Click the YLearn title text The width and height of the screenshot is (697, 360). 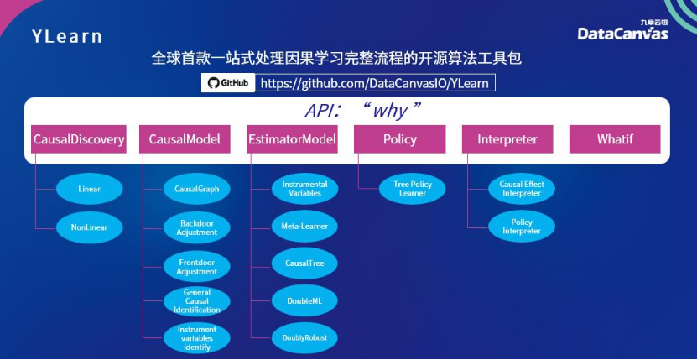point(67,36)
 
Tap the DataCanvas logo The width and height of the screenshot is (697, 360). point(622,31)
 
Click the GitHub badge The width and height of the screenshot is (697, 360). point(228,83)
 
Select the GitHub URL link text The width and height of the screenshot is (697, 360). point(374,83)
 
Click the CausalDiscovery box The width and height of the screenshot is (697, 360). point(79,139)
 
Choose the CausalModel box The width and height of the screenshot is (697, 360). point(185,139)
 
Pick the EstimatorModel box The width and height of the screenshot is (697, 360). point(293,139)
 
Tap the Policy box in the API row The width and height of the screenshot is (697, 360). point(399,139)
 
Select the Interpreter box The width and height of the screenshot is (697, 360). point(507,139)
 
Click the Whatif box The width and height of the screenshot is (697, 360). point(615,139)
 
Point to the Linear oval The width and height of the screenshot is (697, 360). point(89,189)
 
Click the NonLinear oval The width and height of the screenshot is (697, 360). point(89,227)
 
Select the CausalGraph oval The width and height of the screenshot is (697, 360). point(197,189)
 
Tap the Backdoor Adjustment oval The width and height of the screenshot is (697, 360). point(197,227)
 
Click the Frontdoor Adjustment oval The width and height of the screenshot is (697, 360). point(197,266)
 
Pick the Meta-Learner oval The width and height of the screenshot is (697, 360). point(304,226)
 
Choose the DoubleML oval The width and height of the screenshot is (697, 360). point(304,300)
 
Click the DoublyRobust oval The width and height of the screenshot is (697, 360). point(304,337)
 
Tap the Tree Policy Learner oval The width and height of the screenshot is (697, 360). point(412,189)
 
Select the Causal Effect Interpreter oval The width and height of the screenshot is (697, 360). point(522,189)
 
